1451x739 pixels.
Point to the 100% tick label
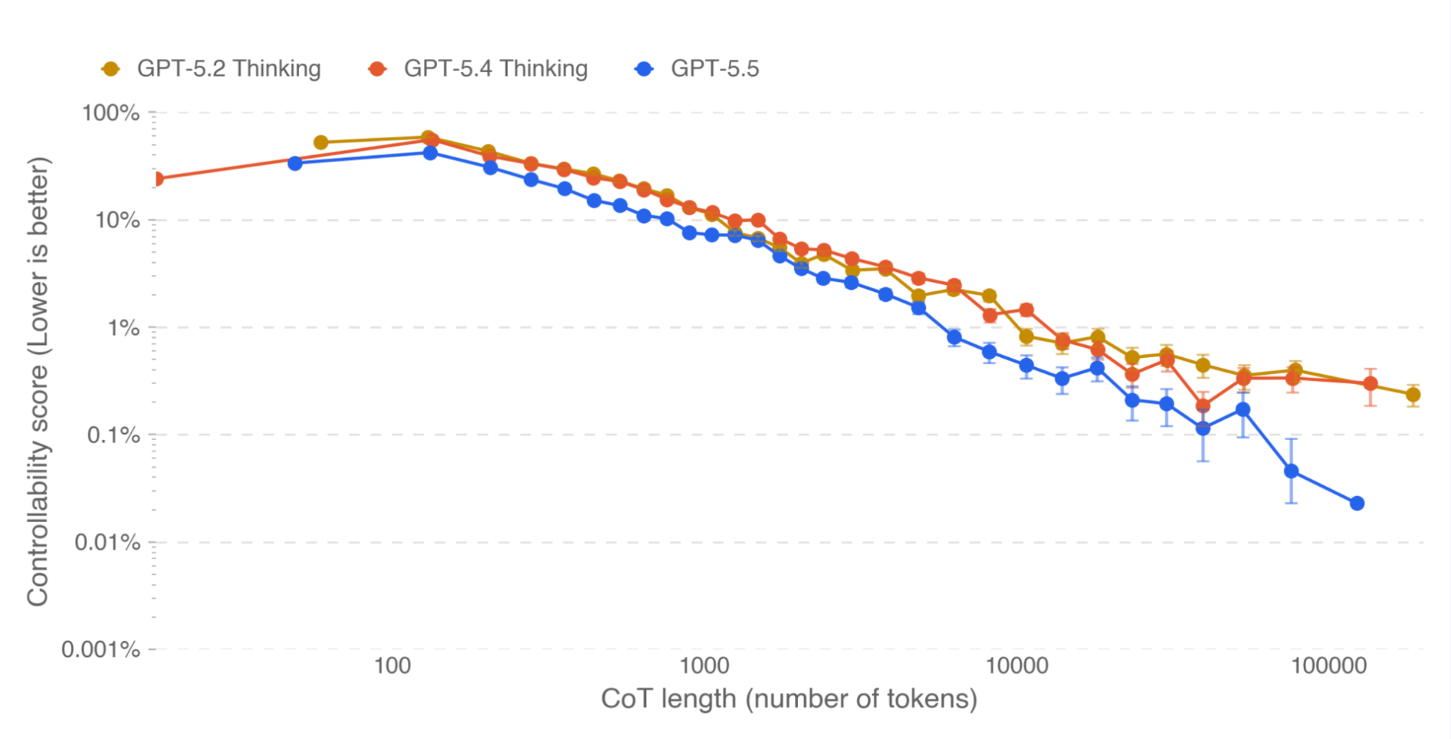click(x=111, y=113)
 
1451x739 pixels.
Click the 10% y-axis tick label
click(x=117, y=220)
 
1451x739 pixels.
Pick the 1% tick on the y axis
click(x=123, y=328)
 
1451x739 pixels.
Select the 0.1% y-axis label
click(x=113, y=435)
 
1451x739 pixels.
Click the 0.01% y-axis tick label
click(x=107, y=543)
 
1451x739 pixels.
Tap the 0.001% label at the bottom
click(x=101, y=649)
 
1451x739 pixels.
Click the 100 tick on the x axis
click(x=392, y=666)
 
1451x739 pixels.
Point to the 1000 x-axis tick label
click(x=704, y=666)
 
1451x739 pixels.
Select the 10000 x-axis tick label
click(x=1017, y=666)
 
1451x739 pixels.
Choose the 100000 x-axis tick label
click(x=1328, y=666)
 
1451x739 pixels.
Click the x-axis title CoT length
click(x=789, y=699)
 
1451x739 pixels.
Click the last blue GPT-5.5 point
click(x=1357, y=503)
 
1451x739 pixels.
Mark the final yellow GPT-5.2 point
click(x=1413, y=395)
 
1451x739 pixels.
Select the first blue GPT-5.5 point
click(x=295, y=164)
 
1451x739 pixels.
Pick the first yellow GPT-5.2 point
click(x=320, y=143)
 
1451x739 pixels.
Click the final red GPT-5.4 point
click(x=1370, y=384)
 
